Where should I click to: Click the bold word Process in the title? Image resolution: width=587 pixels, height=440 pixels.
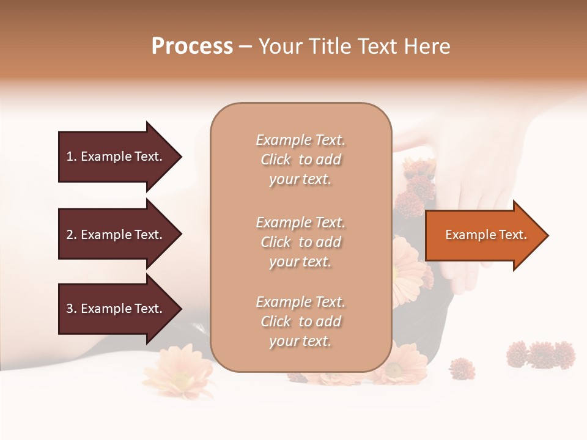pos(192,46)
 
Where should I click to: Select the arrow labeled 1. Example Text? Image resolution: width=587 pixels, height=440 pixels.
pos(116,156)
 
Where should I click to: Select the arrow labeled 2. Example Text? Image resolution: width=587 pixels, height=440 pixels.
pos(116,235)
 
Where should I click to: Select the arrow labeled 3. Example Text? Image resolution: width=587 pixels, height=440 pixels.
pos(116,309)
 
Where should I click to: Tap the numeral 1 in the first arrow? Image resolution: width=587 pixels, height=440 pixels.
pos(70,156)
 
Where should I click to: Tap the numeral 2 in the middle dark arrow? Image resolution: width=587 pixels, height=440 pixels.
pos(70,235)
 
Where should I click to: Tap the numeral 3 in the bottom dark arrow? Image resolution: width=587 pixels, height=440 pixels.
pos(70,309)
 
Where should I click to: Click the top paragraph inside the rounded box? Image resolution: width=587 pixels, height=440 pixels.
pos(300,159)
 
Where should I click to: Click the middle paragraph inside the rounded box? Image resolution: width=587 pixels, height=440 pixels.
pos(300,242)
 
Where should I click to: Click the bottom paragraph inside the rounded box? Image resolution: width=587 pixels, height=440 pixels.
pos(300,321)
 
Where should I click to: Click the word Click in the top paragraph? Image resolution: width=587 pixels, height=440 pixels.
pos(276,160)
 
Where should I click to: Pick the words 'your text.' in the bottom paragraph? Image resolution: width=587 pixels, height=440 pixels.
pos(300,341)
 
